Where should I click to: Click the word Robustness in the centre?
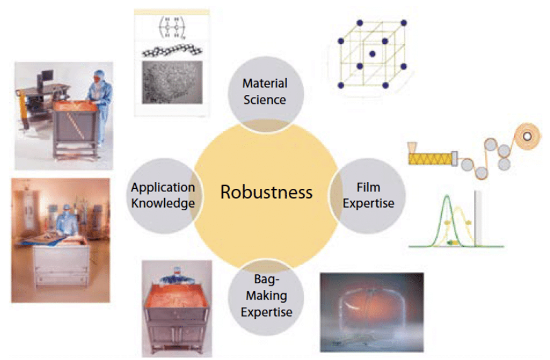point(266,192)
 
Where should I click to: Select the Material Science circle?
point(265,91)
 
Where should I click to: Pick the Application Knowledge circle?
point(162,195)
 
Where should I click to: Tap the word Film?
point(368,188)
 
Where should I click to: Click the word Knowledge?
point(162,203)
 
